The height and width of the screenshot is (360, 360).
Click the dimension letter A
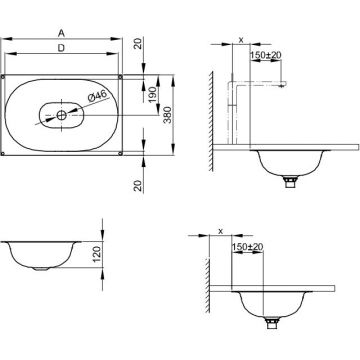pos(61,33)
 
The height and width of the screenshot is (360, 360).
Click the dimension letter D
pos(61,48)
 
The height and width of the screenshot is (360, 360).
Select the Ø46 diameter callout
pos(98,96)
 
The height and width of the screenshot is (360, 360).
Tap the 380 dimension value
pos(168,115)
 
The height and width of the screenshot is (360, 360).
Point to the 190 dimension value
pos(153,94)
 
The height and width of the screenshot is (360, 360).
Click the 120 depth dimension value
pos(97,254)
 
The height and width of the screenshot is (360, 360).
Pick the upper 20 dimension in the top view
pos(138,44)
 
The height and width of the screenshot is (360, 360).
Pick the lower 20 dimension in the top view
pos(138,185)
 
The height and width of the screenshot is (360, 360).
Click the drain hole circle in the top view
pos(62,115)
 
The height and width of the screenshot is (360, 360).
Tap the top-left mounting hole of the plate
pos(3,77)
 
